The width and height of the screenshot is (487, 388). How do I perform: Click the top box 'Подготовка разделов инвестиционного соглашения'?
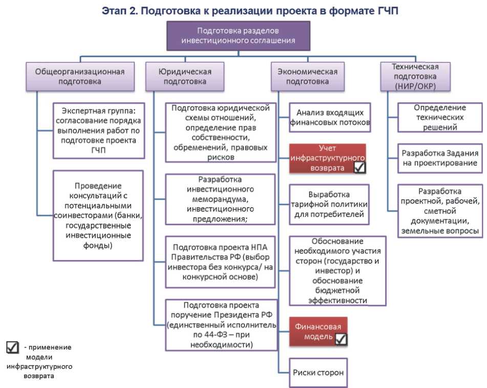coord(239,36)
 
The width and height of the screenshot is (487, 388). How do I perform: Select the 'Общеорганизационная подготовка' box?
coord(79,76)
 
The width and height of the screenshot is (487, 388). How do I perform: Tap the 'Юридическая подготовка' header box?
coord(185,76)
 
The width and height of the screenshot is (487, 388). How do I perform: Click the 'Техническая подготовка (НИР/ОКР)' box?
coord(415,76)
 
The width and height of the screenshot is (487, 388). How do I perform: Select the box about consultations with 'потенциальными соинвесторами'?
coord(98,215)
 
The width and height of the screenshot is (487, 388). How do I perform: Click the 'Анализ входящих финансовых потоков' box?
coord(330,118)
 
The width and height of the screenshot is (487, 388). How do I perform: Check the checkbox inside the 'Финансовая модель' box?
coord(341,338)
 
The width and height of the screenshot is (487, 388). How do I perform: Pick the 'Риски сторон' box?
coord(318,373)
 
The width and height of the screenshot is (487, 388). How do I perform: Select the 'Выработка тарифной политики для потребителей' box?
coord(329,204)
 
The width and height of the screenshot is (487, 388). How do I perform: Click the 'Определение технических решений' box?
coord(440,118)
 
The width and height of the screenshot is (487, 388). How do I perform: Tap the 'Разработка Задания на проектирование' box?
coord(440,158)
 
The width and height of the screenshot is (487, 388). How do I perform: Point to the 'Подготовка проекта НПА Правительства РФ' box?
coord(220,262)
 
